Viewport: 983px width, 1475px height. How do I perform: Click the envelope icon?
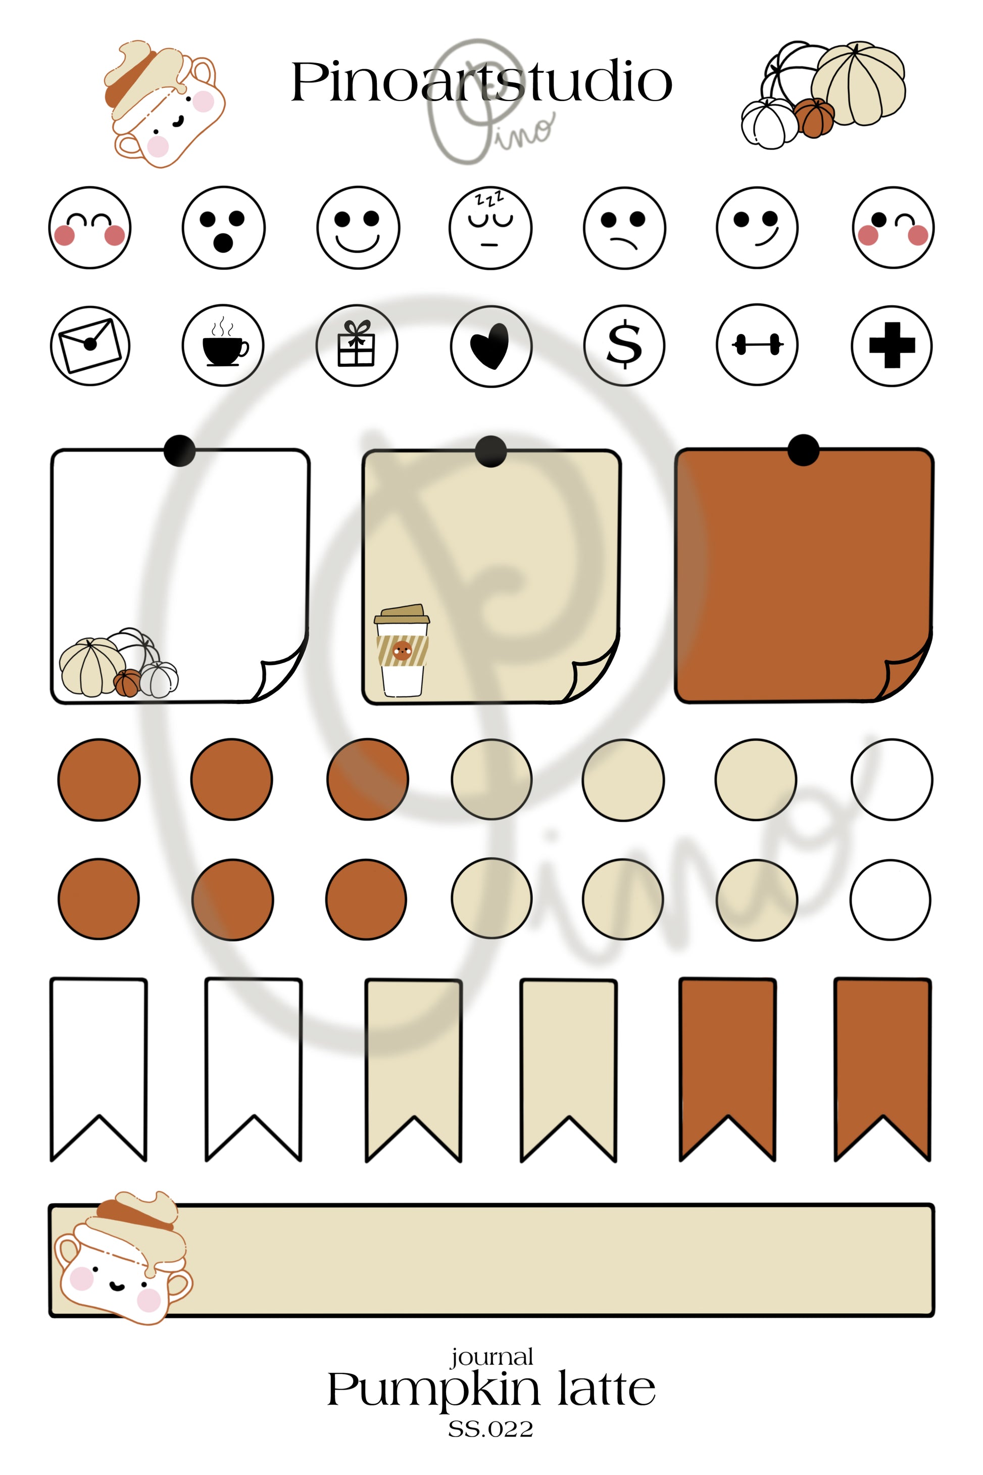click(x=90, y=346)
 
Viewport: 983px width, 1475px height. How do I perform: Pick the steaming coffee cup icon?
click(x=224, y=346)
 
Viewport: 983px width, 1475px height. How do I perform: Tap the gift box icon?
click(x=357, y=346)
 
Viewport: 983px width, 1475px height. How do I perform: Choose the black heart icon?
click(x=491, y=346)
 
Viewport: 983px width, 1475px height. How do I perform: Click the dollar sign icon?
click(x=624, y=346)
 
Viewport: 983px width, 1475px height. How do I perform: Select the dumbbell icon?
click(x=757, y=345)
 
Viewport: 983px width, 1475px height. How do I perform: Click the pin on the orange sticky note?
click(x=803, y=450)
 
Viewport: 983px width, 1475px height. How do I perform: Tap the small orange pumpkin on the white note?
click(x=128, y=682)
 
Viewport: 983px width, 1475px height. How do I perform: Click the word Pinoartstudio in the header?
click(x=481, y=82)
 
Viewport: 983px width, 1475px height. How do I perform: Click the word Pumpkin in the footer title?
click(x=433, y=1390)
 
